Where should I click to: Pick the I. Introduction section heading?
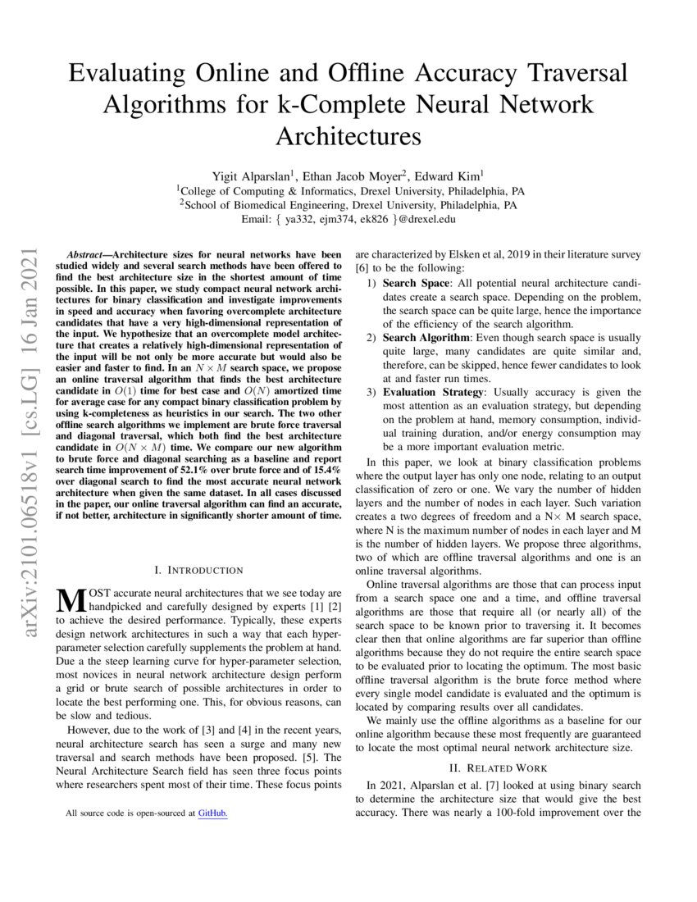point(198,569)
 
